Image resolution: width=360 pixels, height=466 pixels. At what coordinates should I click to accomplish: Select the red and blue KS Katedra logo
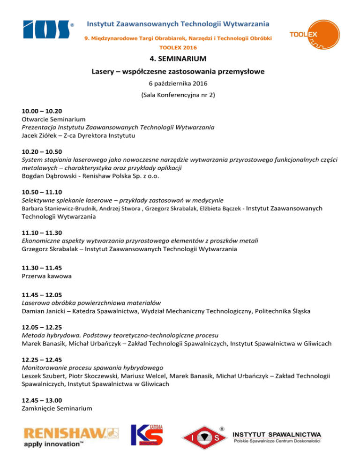pos(147,437)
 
